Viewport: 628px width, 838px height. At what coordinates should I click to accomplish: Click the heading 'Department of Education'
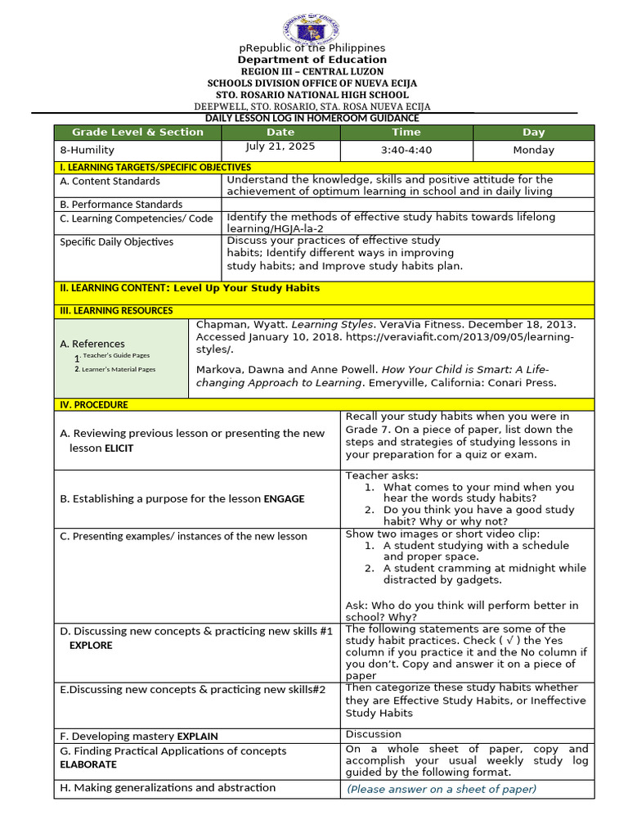[x=312, y=60]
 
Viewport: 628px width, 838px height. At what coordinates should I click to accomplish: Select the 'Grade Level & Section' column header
[x=137, y=133]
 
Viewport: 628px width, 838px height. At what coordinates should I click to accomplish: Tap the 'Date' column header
[x=280, y=133]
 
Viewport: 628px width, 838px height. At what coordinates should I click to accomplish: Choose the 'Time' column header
[x=406, y=133]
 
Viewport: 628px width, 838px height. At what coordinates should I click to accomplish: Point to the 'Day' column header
[x=533, y=133]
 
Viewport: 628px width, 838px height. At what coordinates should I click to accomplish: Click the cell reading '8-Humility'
[x=87, y=151]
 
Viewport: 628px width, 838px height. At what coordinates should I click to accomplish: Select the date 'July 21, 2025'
[x=280, y=147]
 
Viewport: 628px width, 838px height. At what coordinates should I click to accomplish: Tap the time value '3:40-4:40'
[x=406, y=151]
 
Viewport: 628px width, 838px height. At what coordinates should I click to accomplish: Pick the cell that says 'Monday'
[x=533, y=151]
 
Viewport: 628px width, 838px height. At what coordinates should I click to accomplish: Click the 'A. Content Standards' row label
[x=110, y=182]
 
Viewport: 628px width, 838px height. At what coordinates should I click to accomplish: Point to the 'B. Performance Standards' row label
[x=121, y=205]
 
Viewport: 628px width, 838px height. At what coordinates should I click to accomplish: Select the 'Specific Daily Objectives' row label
[x=116, y=242]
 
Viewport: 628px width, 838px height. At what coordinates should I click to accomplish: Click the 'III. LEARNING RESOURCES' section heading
[x=116, y=311]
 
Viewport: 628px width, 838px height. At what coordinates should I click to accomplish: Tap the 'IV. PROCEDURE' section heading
[x=94, y=405]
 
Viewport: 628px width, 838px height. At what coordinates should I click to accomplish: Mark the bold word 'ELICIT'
[x=119, y=448]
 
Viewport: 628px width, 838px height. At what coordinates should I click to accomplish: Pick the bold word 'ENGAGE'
[x=284, y=499]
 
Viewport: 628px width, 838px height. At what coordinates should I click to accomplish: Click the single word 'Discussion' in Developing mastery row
[x=374, y=735]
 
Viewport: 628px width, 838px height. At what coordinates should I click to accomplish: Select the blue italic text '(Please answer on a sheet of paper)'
[x=442, y=790]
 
